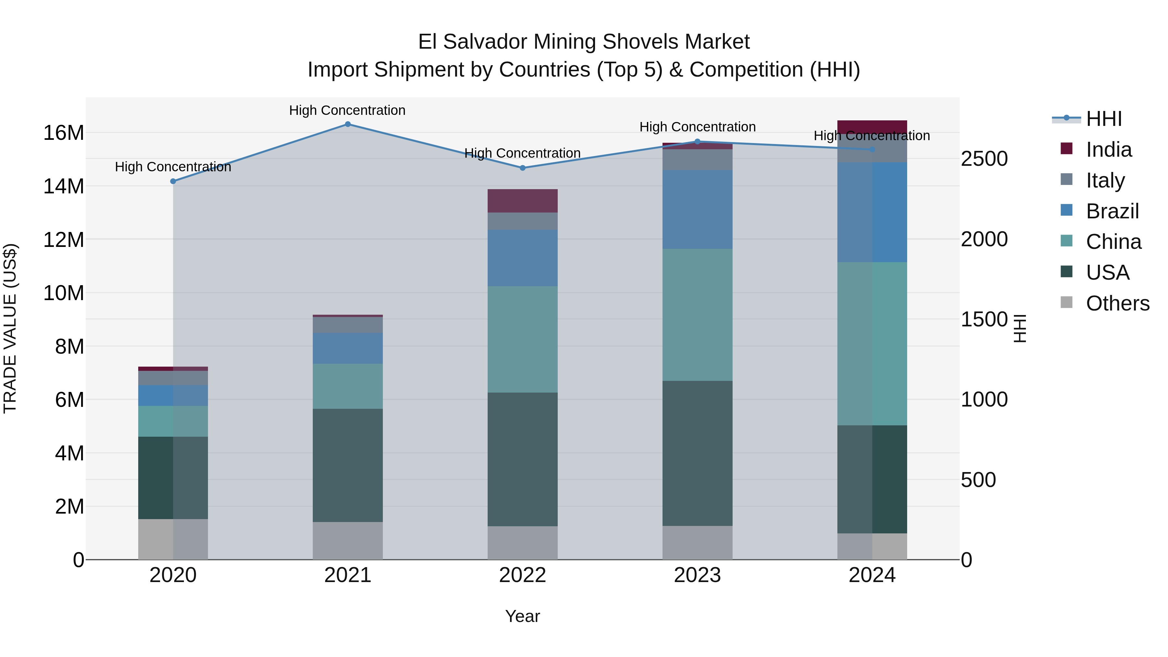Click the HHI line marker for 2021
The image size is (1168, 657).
(348, 124)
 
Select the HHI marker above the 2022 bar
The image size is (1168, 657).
(522, 168)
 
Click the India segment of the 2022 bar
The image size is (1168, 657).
(522, 201)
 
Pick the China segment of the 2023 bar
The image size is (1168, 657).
(697, 315)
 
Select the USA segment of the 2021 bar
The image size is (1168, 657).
(348, 465)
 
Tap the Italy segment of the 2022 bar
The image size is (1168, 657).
(522, 221)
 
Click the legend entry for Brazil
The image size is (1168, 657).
(1112, 211)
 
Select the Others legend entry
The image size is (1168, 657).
(1117, 303)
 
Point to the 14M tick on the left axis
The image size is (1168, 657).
(64, 186)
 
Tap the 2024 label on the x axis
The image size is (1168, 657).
(871, 575)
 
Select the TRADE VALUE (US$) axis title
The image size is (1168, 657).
(10, 328)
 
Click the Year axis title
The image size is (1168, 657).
(522, 616)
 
